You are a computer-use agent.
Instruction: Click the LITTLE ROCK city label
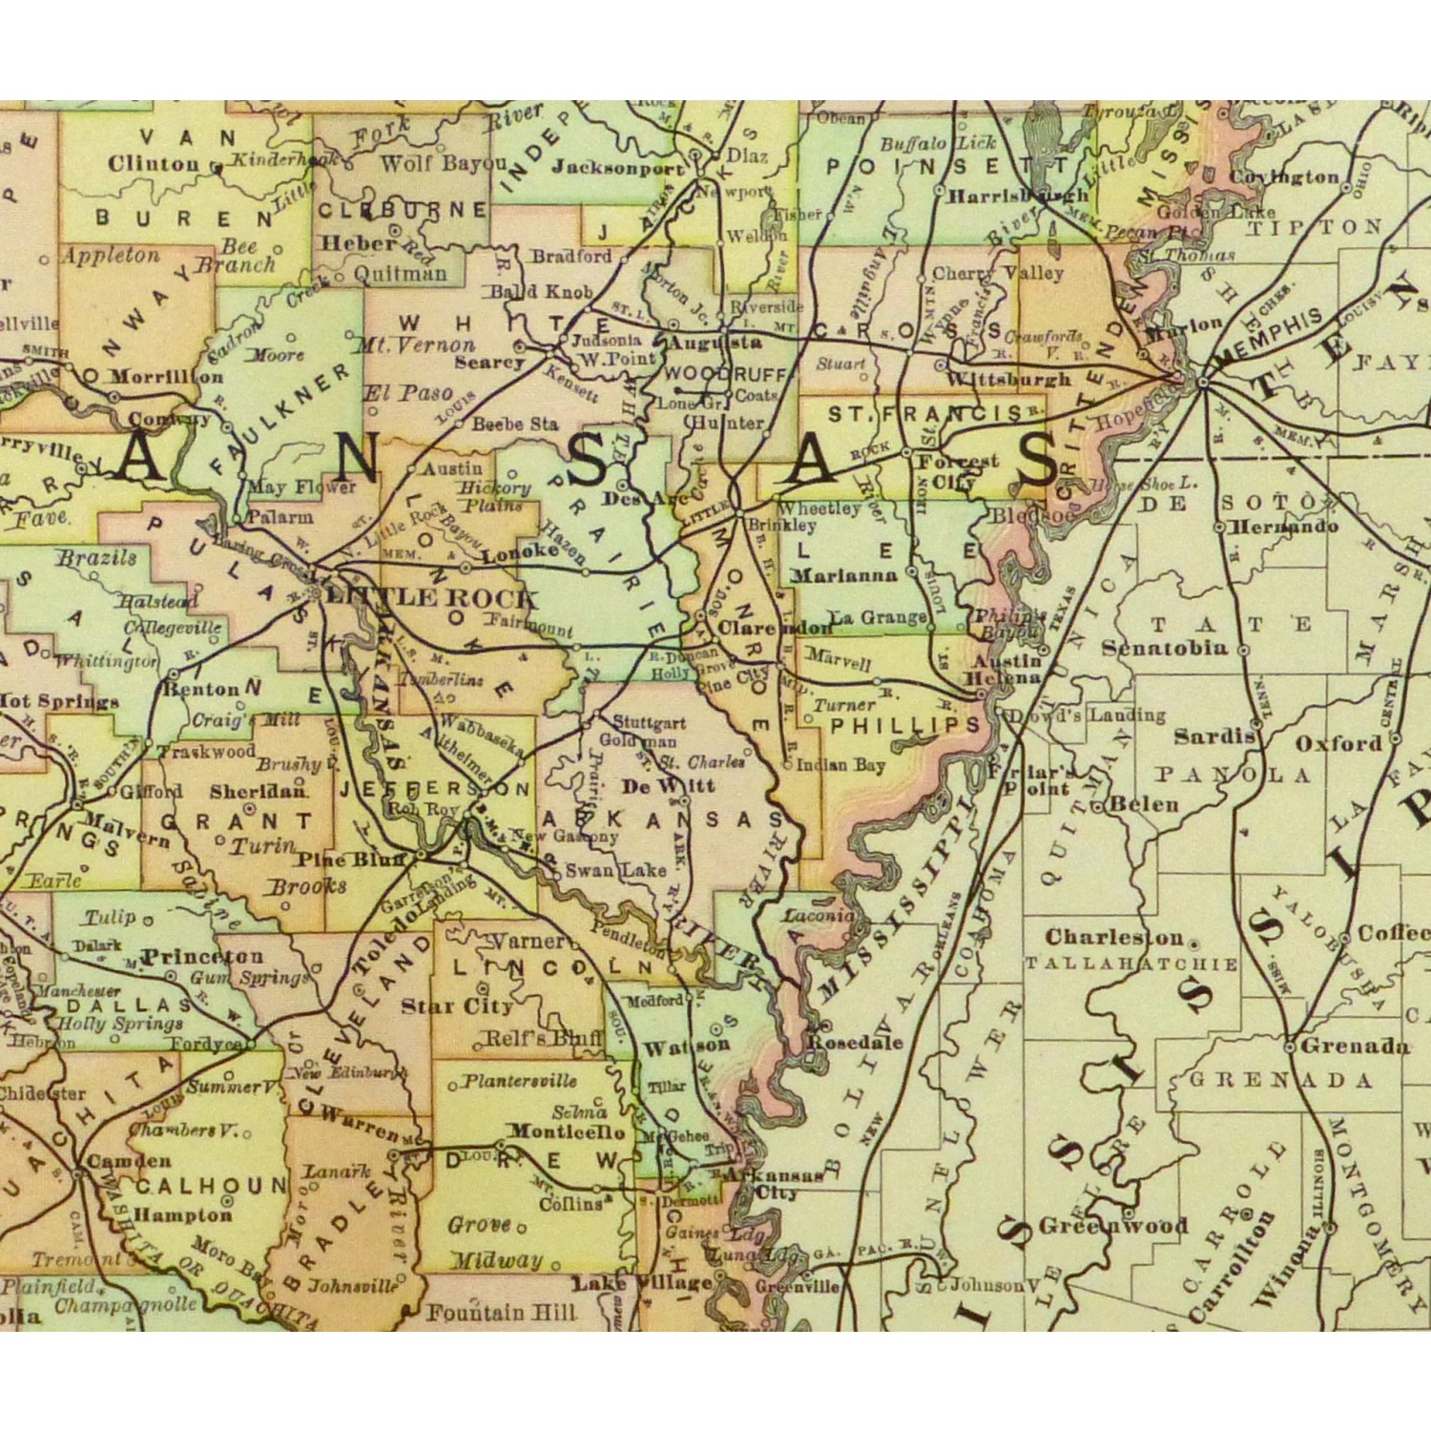(432, 598)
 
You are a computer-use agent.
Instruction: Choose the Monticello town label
(566, 1131)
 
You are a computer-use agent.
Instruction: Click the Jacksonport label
(618, 168)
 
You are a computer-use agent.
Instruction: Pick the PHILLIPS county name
(905, 725)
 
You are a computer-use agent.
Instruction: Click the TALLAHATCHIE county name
(1131, 964)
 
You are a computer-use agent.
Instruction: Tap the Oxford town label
(1338, 743)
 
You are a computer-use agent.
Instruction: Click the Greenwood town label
(1113, 1226)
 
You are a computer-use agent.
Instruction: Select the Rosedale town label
(855, 1042)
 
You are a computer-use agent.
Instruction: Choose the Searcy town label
(489, 363)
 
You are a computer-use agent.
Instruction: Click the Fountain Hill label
(501, 1313)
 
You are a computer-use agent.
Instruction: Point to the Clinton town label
(154, 164)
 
